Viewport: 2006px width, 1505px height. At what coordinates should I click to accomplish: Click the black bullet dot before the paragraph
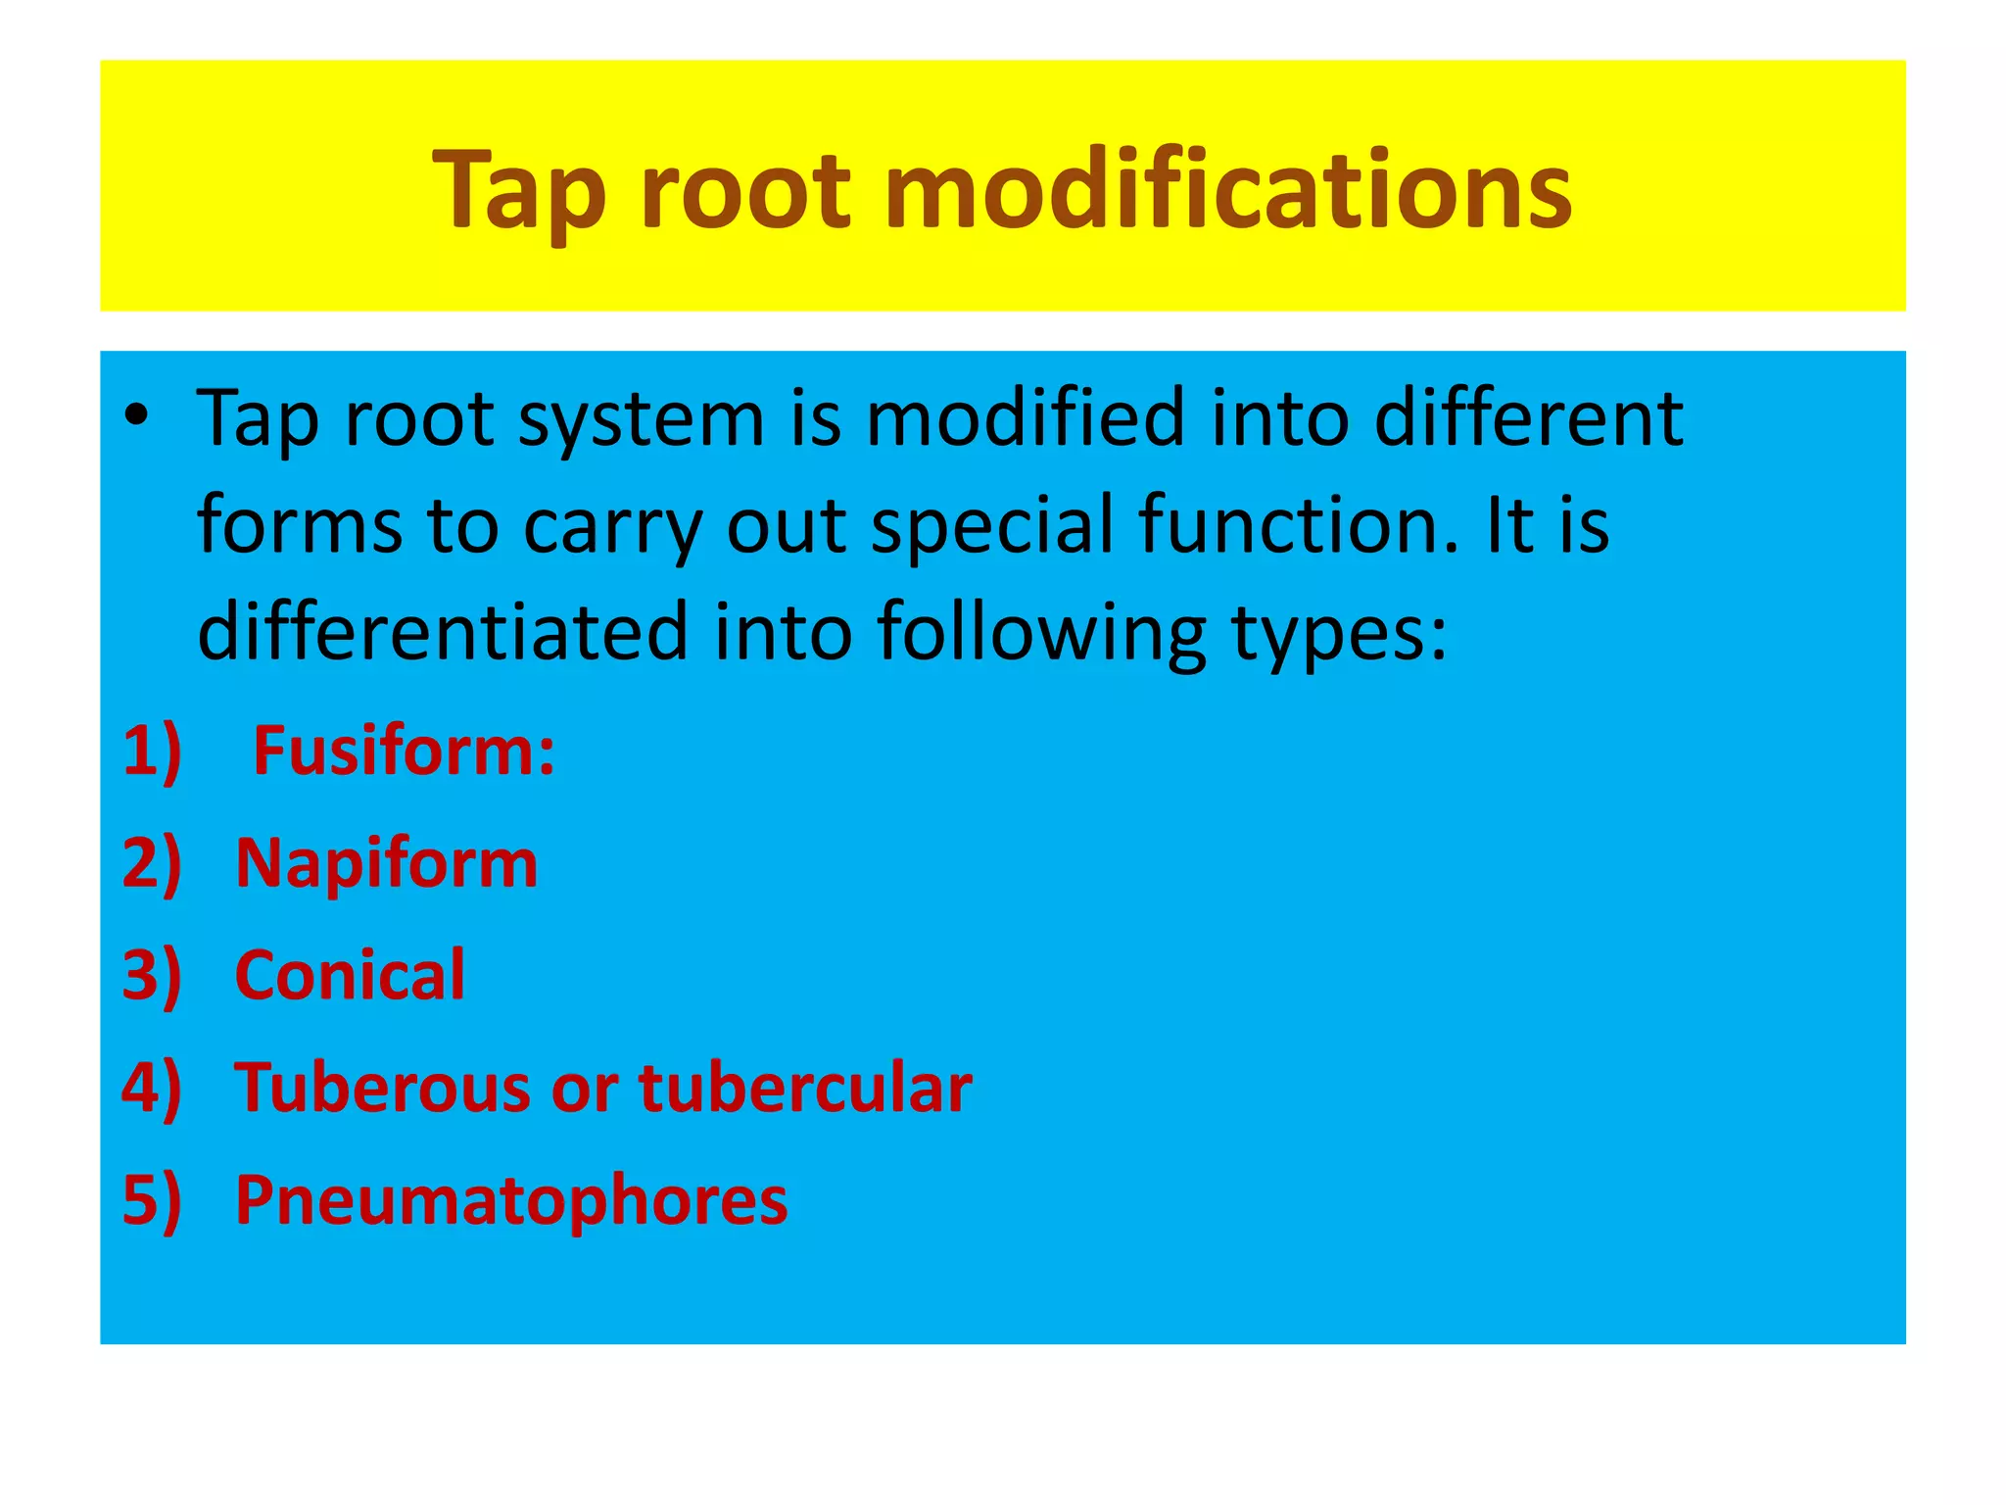point(136,415)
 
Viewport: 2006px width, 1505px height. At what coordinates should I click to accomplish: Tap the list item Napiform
point(386,865)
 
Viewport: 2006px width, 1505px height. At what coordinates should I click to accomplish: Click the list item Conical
point(350,976)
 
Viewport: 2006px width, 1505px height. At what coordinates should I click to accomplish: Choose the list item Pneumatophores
point(510,1201)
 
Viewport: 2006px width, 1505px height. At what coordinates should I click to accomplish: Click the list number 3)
point(152,976)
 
